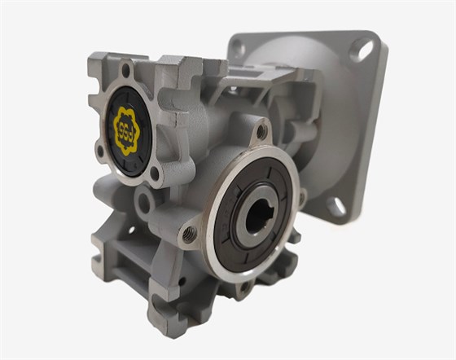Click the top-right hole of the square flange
[x=359, y=50]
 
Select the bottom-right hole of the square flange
[x=335, y=204]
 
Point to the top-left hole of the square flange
[x=237, y=47]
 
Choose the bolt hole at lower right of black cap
[x=154, y=172]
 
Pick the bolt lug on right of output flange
[x=302, y=196]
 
